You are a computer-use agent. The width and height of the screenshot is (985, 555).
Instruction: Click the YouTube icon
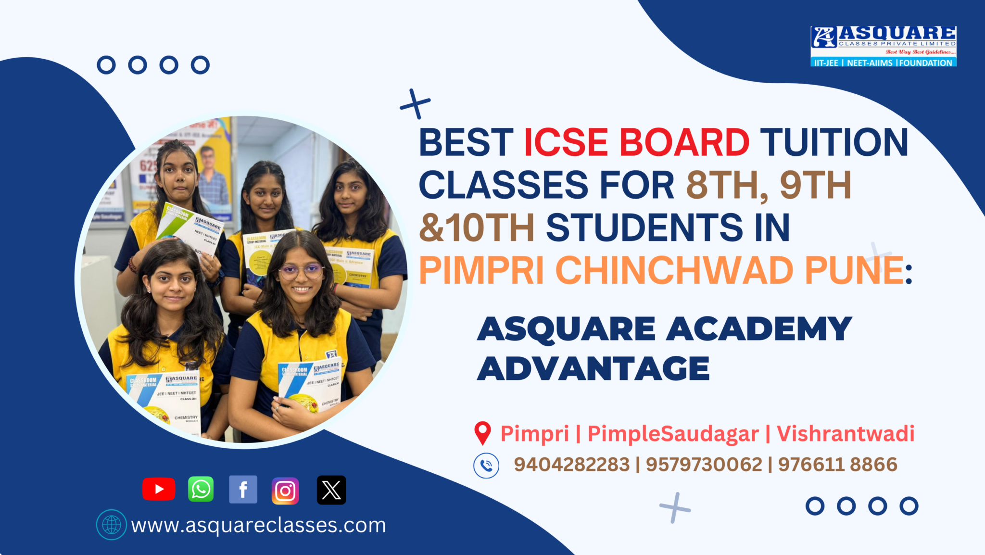coord(159,489)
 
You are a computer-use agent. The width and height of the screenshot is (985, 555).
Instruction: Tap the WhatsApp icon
coord(201,489)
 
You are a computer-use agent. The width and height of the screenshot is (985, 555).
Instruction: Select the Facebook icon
coord(243,490)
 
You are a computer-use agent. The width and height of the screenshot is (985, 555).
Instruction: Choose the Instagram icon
coord(285,491)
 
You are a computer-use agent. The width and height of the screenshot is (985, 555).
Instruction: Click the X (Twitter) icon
coord(331,490)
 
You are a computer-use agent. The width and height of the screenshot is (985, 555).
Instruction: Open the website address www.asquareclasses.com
coord(258,525)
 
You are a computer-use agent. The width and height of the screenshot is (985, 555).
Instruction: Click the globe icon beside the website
coord(111,525)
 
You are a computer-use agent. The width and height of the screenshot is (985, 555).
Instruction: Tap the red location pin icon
coord(482,433)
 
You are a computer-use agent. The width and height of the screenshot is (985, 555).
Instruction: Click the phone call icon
coord(486,466)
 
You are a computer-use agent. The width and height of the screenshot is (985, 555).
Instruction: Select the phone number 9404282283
coord(571,465)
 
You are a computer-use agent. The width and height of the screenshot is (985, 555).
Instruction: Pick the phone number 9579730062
coord(704,465)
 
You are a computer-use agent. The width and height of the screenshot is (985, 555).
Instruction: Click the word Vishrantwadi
coord(845,433)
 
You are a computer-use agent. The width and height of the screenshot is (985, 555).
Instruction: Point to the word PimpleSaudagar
coord(673,433)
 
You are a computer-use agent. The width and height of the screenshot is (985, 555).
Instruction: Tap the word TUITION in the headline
coord(834,142)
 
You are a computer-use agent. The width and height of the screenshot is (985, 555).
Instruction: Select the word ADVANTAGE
coord(593,368)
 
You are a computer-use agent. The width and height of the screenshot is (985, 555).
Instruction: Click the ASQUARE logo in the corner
coord(883,46)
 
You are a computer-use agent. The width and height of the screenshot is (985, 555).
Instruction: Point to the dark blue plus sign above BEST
coord(415,103)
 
